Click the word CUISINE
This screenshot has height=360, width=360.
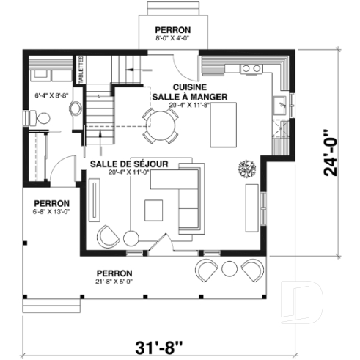[188, 86]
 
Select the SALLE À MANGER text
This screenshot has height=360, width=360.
[188, 97]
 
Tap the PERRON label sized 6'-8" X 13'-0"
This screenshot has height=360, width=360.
[51, 203]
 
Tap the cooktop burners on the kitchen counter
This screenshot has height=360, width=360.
[251, 68]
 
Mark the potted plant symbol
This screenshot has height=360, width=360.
[246, 168]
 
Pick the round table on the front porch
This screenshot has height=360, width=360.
[229, 268]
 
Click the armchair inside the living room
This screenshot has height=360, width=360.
[108, 236]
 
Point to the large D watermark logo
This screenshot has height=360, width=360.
[305, 302]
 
